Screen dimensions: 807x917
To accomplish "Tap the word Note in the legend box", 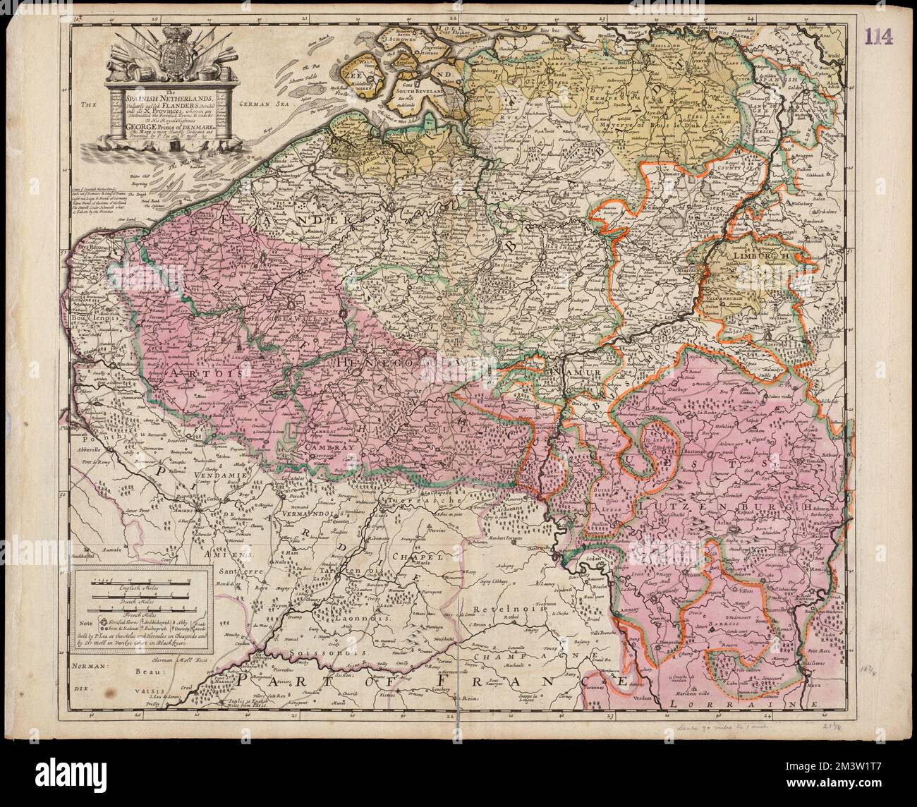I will [85, 623].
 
